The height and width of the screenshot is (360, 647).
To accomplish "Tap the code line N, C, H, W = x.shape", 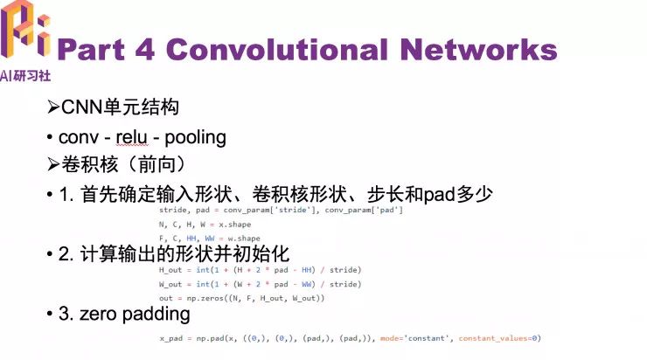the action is click(205, 225).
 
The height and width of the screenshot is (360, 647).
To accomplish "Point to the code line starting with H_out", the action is click(260, 271).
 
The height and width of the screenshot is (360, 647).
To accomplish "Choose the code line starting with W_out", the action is click(260, 284).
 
